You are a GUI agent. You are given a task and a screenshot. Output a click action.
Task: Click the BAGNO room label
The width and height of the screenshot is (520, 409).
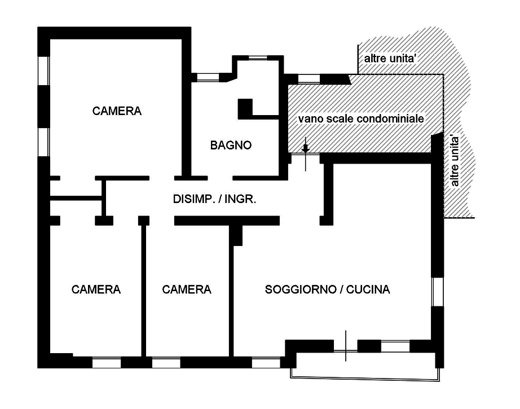tap(231, 145)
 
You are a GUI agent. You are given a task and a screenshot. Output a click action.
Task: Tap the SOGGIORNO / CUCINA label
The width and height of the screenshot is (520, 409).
tap(327, 289)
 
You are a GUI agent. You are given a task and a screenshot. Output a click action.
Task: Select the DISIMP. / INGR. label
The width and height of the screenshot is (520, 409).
tap(214, 199)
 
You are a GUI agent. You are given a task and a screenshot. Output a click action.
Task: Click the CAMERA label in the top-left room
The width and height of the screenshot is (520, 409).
tap(117, 111)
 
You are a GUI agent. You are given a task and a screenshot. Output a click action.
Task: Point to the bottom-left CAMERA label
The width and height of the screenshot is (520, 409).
tap(96, 289)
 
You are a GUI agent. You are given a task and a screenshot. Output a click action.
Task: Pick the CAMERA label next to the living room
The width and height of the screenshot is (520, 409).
tap(186, 289)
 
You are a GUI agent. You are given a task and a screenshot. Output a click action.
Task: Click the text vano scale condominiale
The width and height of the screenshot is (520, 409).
tap(361, 118)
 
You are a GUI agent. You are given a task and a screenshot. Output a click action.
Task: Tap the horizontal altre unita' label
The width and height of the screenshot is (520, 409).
tap(390, 58)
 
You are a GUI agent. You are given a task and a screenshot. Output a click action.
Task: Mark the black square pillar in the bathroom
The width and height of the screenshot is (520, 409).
tap(245, 107)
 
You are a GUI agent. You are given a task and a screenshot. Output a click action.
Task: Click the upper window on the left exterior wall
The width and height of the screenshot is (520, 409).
tap(43, 71)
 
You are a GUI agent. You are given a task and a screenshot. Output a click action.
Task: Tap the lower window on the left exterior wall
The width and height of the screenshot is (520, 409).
tap(43, 142)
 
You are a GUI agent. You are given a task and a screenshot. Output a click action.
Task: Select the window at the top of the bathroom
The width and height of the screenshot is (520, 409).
tap(258, 58)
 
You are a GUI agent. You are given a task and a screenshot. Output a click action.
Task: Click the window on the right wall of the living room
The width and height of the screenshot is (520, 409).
tap(438, 292)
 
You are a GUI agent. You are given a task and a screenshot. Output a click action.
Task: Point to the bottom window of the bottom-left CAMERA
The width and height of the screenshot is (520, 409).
tap(107, 363)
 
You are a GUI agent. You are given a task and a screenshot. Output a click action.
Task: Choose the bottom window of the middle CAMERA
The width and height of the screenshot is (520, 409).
tap(166, 363)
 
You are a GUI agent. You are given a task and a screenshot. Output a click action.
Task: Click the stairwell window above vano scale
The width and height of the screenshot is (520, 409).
tap(309, 78)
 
